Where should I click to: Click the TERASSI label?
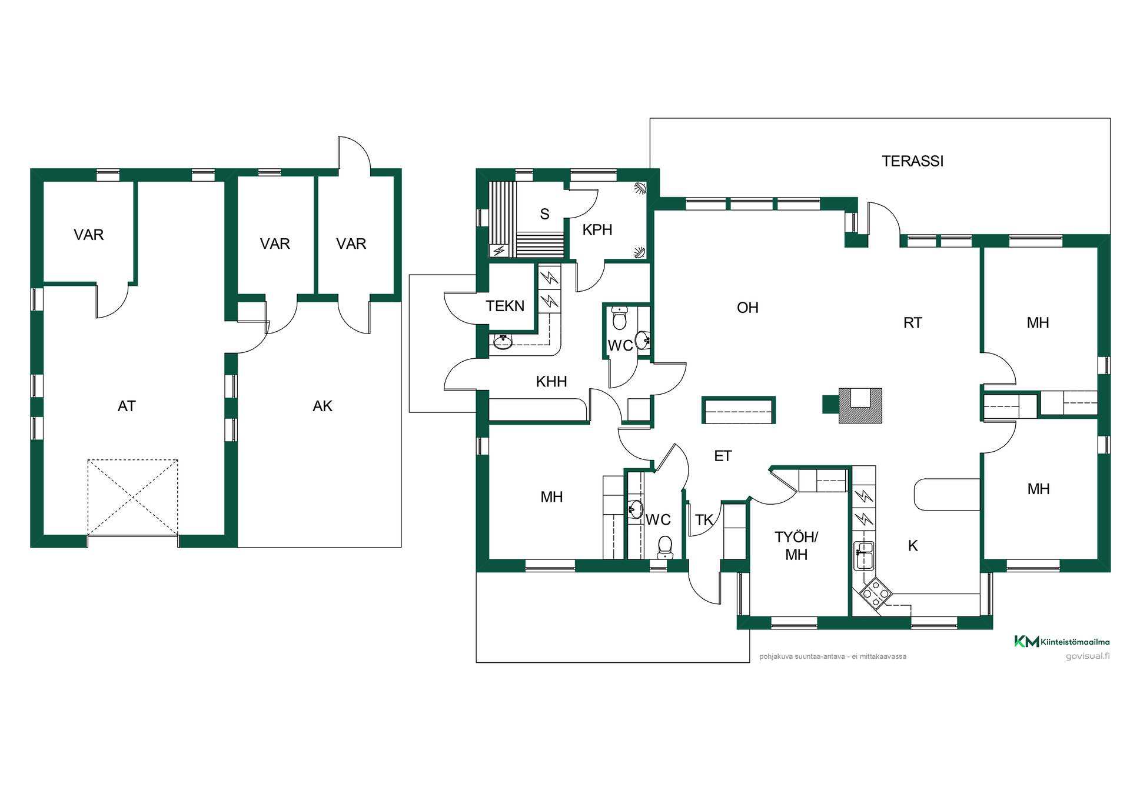coord(912,161)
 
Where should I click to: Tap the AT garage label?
coord(127,406)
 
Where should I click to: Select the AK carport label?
coord(323,406)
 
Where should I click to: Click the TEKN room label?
coord(505,306)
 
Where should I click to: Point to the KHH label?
coord(551,382)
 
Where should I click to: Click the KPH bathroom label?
coord(597,230)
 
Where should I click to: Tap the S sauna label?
coord(545,214)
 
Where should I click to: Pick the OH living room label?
coord(747,308)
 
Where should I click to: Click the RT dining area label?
coord(913,323)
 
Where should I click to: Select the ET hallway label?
coord(723,456)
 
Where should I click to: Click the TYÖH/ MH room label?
coord(796,546)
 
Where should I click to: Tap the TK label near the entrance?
coord(704,520)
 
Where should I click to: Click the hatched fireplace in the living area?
coord(860,405)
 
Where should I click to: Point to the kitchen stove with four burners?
coord(876,593)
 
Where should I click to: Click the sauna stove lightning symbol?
coord(499,251)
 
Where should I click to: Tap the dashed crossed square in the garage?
coord(133,498)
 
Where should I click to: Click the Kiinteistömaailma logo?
coord(1062,642)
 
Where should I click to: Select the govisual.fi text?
coord(1088,656)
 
